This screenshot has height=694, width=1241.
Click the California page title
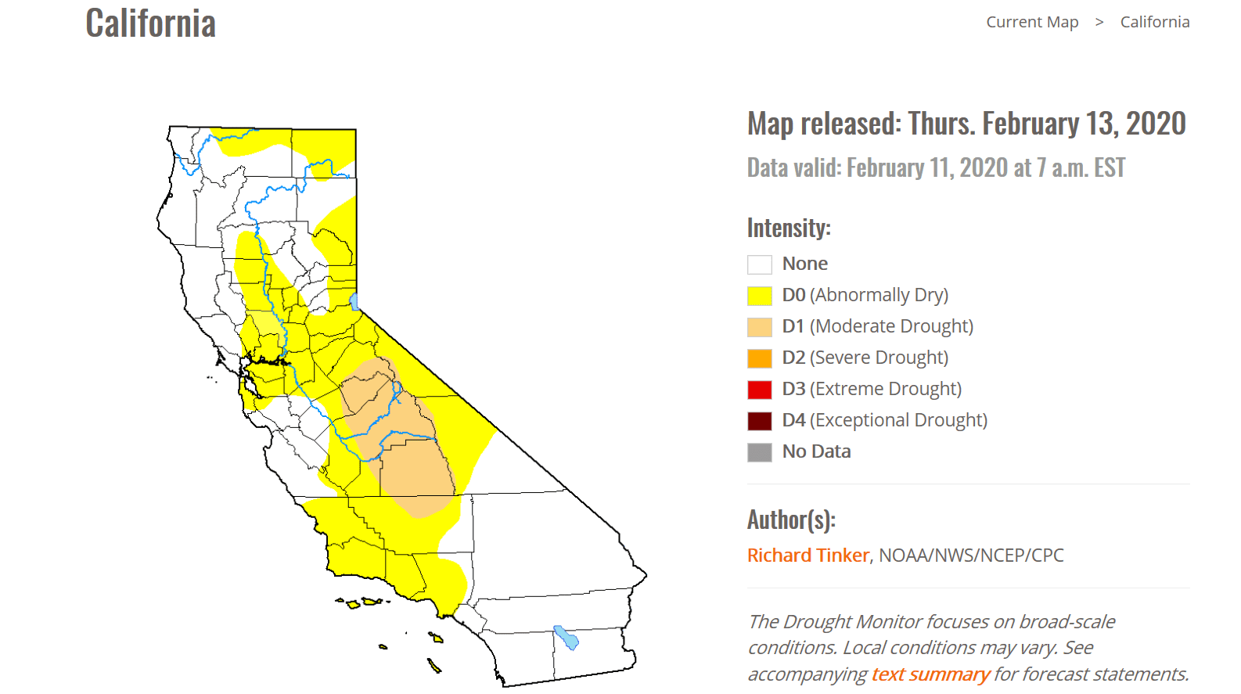[151, 23]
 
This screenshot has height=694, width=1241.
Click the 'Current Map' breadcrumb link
[1032, 22]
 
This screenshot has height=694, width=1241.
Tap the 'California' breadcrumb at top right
[1155, 22]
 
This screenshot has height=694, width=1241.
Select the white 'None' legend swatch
[760, 264]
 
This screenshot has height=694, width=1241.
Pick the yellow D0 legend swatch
[760, 296]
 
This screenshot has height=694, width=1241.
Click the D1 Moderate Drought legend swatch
[760, 327]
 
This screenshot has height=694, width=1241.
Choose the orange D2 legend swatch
[760, 358]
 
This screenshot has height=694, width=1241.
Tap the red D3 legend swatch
[760, 390]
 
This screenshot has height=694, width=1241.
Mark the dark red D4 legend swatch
[760, 421]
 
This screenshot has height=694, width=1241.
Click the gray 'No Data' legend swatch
[760, 452]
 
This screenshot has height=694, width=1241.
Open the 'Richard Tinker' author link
[808, 555]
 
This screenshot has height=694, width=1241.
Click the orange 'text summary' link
[931, 674]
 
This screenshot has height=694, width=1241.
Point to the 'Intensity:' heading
[789, 228]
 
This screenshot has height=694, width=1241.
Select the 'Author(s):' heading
[791, 520]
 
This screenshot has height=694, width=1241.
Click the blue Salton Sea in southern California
[567, 638]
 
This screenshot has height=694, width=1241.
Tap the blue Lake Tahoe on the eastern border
[354, 302]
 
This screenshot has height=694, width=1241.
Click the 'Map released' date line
[967, 123]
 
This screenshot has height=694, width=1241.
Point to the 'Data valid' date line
[937, 167]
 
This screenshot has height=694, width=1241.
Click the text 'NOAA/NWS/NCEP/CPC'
[971, 555]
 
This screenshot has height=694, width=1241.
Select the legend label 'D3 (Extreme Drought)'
[872, 389]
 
